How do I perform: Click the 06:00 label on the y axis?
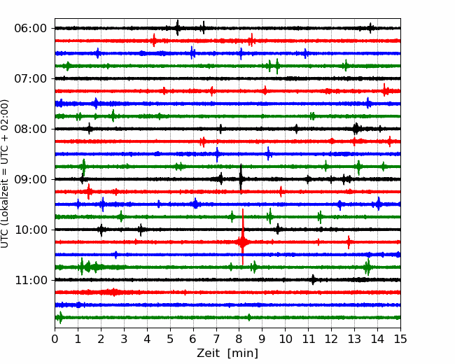point(31,29)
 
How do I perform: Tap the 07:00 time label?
point(31,78)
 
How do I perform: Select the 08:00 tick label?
point(31,129)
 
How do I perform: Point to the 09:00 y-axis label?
point(31,180)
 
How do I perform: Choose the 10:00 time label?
point(31,230)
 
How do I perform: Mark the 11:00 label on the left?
point(31,281)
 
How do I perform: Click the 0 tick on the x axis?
point(55,339)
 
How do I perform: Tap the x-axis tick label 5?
point(170,339)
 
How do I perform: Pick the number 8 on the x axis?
point(239,339)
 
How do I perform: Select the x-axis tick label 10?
point(285,339)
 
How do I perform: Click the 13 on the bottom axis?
point(354,339)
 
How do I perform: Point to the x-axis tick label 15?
point(400,339)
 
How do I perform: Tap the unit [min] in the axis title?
point(243,353)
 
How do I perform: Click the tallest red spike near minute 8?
point(243,237)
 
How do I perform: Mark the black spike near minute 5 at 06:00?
point(177,28)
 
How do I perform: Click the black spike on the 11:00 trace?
point(313,279)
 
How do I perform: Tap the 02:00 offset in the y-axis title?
point(4,111)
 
